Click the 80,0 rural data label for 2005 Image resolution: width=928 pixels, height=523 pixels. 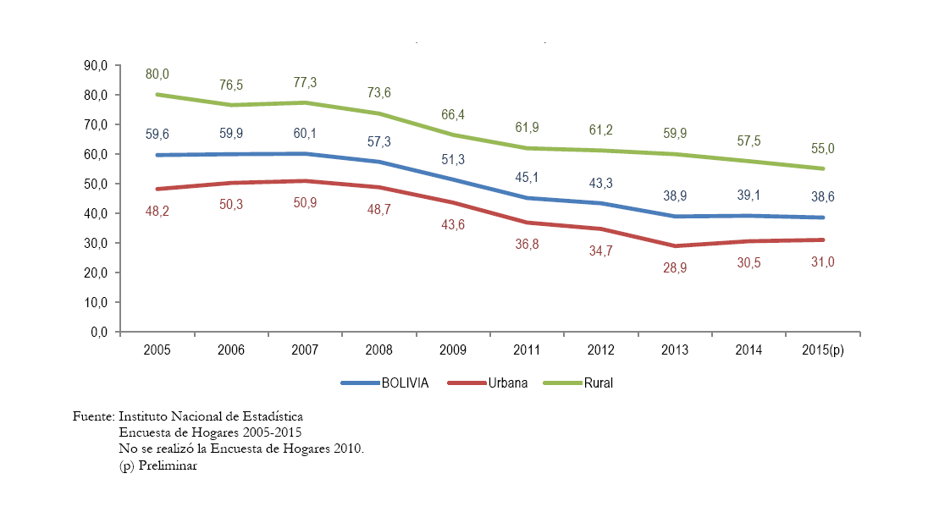[x=157, y=74]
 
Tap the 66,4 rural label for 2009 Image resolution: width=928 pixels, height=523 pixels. [x=453, y=113]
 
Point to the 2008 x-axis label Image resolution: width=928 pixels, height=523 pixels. [x=379, y=349]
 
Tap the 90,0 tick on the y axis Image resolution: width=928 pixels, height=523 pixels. [x=96, y=65]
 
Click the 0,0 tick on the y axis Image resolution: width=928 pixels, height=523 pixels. [x=98, y=332]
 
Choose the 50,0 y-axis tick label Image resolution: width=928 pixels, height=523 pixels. [x=96, y=184]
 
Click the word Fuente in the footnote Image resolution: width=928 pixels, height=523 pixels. [x=93, y=417]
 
